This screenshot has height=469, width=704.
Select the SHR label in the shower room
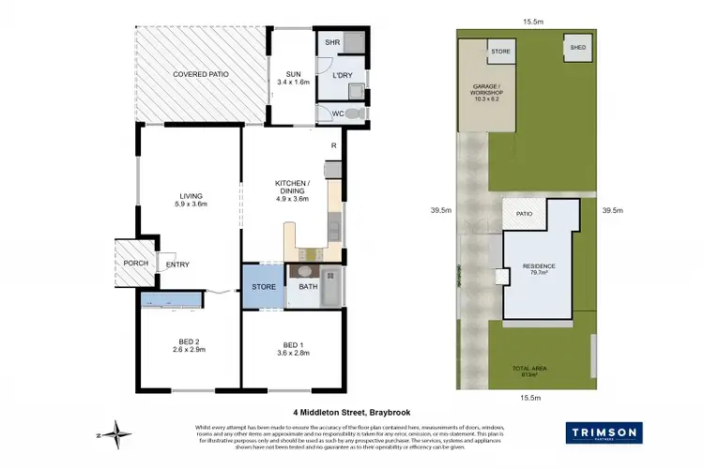coord(331,43)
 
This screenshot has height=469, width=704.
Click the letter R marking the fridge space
coord(333,145)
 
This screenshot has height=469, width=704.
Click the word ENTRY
coord(177,265)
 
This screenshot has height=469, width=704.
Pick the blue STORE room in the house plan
coord(263,288)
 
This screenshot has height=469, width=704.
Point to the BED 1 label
coord(288,343)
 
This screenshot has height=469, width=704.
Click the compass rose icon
coord(116,433)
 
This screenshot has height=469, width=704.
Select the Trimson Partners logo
coord(604,433)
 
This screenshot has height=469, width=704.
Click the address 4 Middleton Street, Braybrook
coord(352,411)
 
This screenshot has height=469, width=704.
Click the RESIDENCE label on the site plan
coord(539,268)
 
